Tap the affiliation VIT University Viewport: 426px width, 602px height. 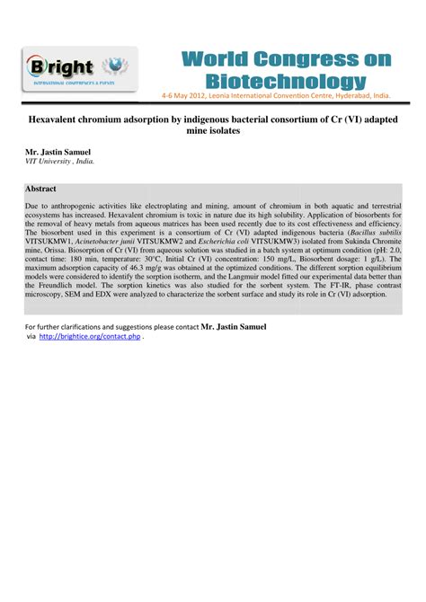(x=55, y=164)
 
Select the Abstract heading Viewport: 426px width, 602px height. (x=41, y=189)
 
